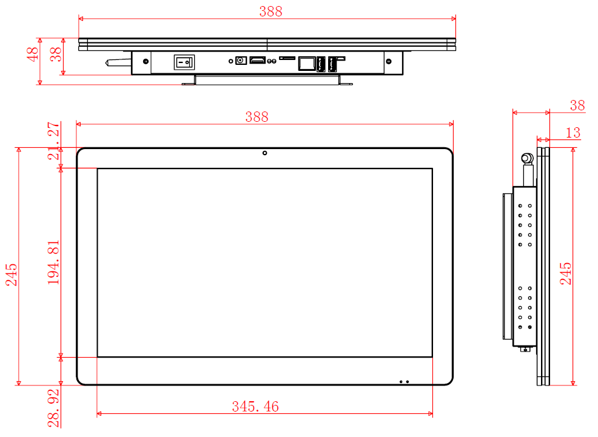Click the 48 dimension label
point(32,55)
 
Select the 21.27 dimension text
point(54,141)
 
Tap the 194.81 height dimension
point(54,262)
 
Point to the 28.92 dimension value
point(54,409)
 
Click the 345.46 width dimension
point(255,407)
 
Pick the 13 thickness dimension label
point(573,133)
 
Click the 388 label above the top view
point(270,12)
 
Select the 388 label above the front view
point(257,117)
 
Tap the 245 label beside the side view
point(566,274)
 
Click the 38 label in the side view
point(577,105)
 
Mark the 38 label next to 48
point(56,55)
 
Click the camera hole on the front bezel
point(264,152)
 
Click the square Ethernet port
point(306,63)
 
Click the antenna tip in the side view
point(527,159)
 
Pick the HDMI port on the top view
point(258,61)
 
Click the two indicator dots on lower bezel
point(404,381)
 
